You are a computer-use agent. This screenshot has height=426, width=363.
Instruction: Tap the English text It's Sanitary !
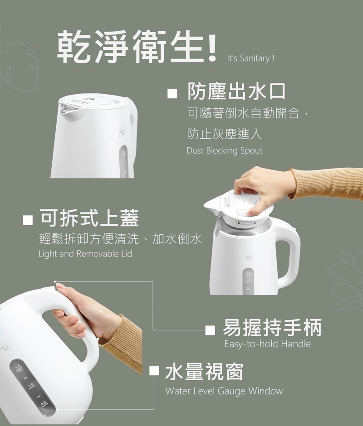coord(250,58)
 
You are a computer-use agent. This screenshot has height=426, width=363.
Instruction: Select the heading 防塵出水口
coord(236,92)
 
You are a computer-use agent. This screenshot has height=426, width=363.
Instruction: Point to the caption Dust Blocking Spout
coord(225,150)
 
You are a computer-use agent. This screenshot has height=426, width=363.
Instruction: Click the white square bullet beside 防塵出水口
coord(172,93)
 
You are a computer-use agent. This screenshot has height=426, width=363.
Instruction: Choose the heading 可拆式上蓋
coord(89,218)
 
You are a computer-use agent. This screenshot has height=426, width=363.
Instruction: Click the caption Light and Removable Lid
coord(85,254)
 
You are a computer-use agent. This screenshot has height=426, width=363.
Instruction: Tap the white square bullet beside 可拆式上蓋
coord(28,220)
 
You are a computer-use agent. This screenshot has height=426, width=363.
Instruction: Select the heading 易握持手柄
coord(272,328)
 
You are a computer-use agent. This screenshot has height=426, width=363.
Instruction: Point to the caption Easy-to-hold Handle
coord(267,344)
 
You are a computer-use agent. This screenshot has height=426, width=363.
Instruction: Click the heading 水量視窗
coord(204,372)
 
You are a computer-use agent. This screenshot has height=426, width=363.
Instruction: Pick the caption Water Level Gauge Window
coord(224,391)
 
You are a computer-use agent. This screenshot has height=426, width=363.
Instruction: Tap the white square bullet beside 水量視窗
coord(154,371)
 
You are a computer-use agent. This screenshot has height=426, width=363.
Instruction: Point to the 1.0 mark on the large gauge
coord(30,385)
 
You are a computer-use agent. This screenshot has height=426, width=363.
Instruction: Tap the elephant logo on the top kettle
coord(122,133)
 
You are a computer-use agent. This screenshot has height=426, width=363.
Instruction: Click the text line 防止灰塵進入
coord(224,134)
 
